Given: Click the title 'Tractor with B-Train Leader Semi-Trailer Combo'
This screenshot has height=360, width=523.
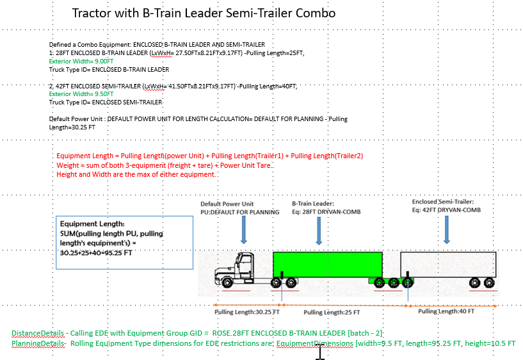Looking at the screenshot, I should pyautogui.click(x=204, y=13).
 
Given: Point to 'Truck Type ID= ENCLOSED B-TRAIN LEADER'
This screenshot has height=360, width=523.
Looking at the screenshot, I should pyautogui.click(x=109, y=69).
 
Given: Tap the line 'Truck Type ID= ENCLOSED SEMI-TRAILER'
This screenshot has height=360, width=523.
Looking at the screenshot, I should pyautogui.click(x=106, y=102).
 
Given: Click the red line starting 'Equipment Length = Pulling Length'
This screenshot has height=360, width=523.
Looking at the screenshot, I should pyautogui.click(x=210, y=156).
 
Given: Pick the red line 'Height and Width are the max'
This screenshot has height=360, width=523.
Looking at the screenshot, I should pyautogui.click(x=136, y=175).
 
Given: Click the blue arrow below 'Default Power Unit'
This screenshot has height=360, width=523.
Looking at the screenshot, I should pyautogui.click(x=243, y=230).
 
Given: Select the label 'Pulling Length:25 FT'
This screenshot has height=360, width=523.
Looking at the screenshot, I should pyautogui.click(x=332, y=313).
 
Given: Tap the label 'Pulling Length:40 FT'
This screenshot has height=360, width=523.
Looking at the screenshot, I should pyautogui.click(x=446, y=311).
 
